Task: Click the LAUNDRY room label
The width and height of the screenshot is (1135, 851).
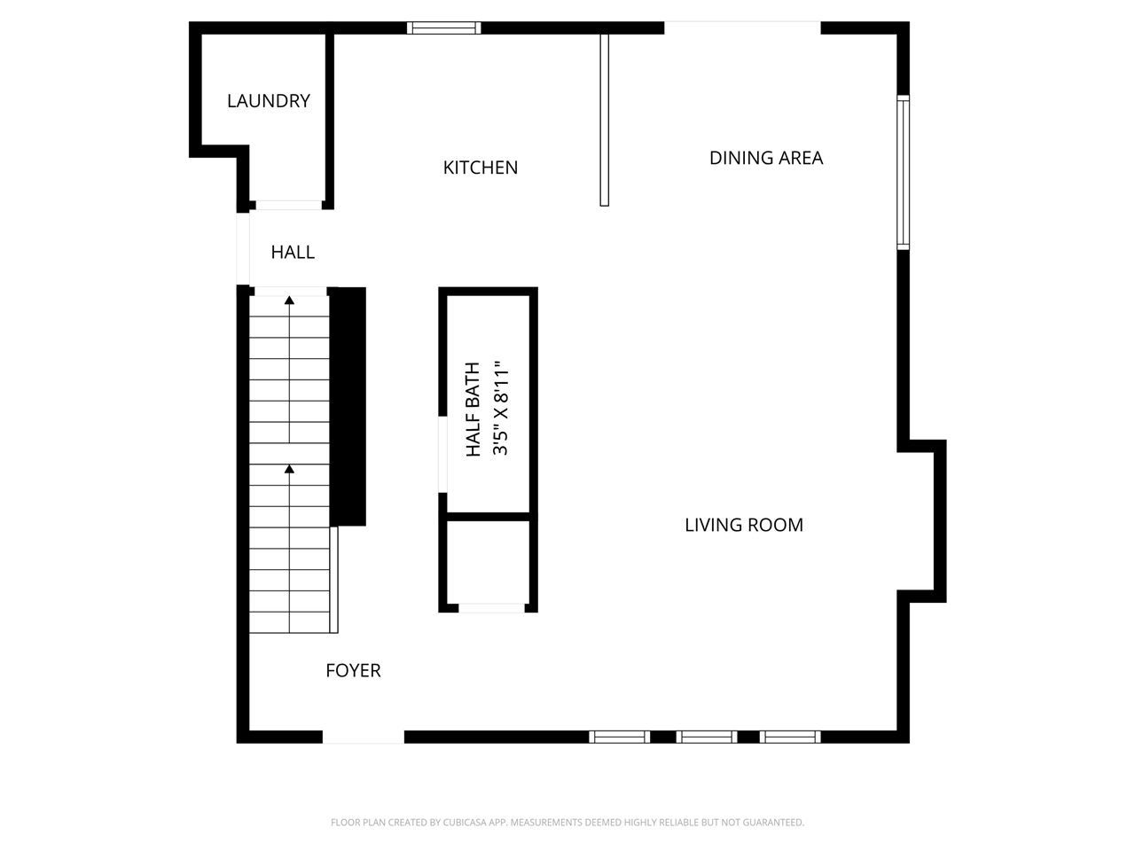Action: pyautogui.click(x=269, y=101)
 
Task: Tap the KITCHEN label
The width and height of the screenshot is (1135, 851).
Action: pyautogui.click(x=481, y=168)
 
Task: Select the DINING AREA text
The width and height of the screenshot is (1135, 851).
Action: pyautogui.click(x=766, y=158)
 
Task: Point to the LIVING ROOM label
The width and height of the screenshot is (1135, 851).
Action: pyautogui.click(x=744, y=525)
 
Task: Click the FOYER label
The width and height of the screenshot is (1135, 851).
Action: pyautogui.click(x=353, y=671)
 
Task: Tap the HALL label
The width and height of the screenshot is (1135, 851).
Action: pyautogui.click(x=293, y=252)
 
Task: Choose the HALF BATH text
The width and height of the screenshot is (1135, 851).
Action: pyautogui.click(x=474, y=410)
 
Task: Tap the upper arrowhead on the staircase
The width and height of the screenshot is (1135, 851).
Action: pyautogui.click(x=290, y=301)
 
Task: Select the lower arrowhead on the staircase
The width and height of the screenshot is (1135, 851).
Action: pyautogui.click(x=290, y=469)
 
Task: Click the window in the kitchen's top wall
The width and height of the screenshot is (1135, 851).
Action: pyautogui.click(x=443, y=27)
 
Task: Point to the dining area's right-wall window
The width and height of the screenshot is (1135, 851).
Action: pyautogui.click(x=903, y=173)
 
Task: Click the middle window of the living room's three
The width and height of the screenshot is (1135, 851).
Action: pyautogui.click(x=707, y=737)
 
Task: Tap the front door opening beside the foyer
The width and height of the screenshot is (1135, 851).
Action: pyautogui.click(x=364, y=738)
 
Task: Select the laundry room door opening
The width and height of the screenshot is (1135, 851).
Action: pyautogui.click(x=289, y=205)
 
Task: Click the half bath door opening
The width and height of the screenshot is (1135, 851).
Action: pyautogui.click(x=442, y=454)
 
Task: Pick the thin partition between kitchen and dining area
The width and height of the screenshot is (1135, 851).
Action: pyautogui.click(x=605, y=121)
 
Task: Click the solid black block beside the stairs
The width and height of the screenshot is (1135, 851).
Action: pyautogui.click(x=348, y=407)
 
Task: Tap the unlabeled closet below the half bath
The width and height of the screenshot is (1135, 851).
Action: pyautogui.click(x=488, y=562)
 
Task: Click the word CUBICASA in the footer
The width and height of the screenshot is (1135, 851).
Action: pyautogui.click(x=465, y=822)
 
